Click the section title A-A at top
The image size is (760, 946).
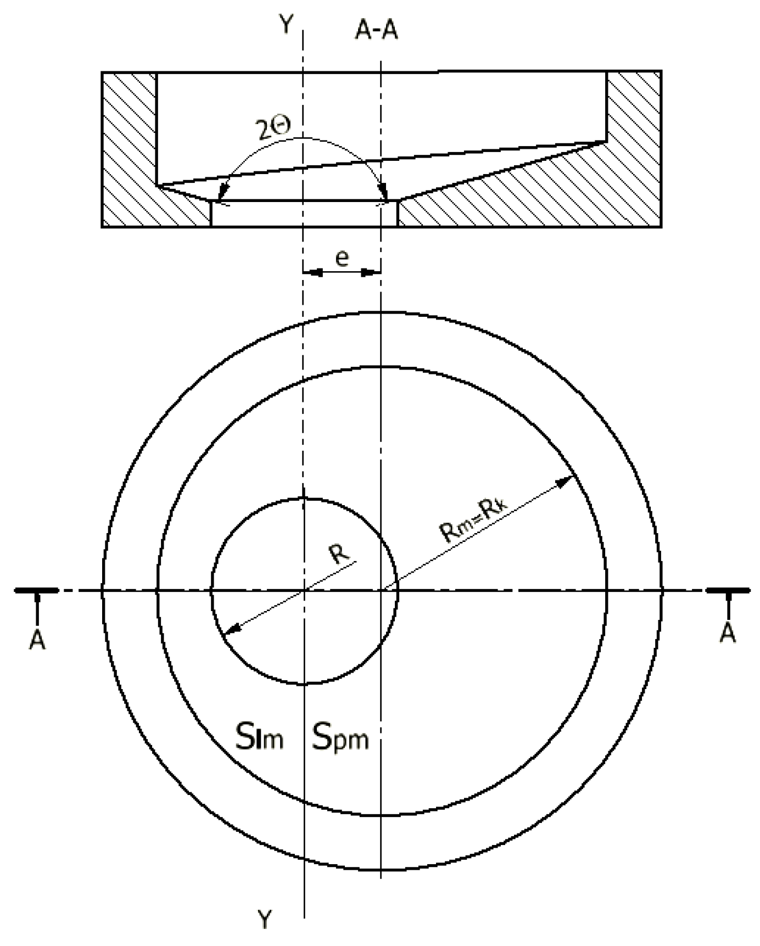(376, 31)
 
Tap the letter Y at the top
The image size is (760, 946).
(285, 25)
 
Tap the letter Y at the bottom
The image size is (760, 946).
(265, 919)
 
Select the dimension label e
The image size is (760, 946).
(342, 258)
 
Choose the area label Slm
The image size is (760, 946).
(260, 738)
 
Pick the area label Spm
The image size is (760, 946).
(340, 738)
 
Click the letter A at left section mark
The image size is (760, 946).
(37, 640)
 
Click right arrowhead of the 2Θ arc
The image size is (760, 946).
(384, 194)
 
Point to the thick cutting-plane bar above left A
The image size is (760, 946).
(36, 590)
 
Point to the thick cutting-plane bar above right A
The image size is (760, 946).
(728, 590)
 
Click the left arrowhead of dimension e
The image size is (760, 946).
(311, 272)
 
